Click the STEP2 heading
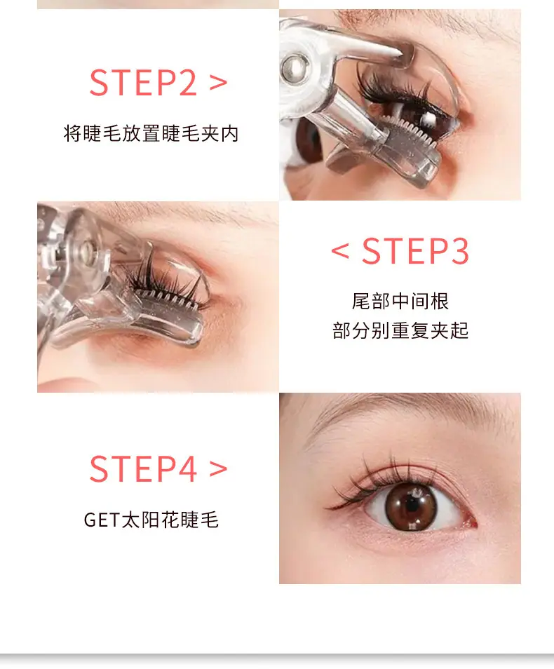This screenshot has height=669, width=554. (x=143, y=82)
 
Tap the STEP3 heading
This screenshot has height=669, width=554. (x=415, y=251)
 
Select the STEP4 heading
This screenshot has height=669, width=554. (x=143, y=469)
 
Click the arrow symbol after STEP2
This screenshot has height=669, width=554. (x=218, y=83)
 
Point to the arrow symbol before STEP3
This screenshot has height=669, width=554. (x=340, y=251)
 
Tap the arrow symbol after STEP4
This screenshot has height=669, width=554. (x=218, y=469)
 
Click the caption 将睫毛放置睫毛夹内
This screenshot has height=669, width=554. (x=151, y=133)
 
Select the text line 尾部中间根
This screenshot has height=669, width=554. (x=400, y=302)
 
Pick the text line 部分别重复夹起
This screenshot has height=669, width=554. (x=400, y=330)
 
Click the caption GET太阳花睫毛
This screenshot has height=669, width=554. (x=151, y=520)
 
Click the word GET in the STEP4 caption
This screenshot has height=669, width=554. (x=102, y=520)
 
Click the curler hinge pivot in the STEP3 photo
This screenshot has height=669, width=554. (x=88, y=248)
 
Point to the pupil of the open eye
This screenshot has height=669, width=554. (x=412, y=504)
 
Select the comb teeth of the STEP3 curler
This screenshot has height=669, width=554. (x=166, y=296)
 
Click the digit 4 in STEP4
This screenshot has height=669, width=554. (x=186, y=469)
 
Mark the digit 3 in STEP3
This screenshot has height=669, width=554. (x=459, y=251)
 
